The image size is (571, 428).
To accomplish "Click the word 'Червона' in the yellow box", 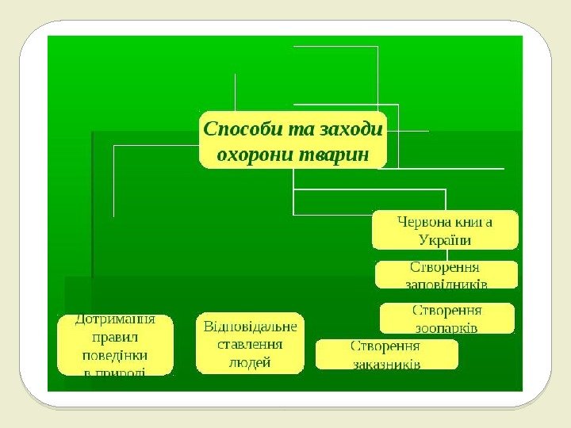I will (x=427, y=222).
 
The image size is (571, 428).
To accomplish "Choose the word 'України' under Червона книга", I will (x=445, y=239).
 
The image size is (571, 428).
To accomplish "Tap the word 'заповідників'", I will (x=446, y=283).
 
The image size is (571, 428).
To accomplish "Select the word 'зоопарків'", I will (x=446, y=327).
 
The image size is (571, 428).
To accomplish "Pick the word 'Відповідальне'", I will (x=251, y=327).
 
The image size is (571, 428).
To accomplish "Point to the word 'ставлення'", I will (x=250, y=344).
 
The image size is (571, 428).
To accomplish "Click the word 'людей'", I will (x=250, y=362).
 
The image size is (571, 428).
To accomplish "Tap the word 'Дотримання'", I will (x=114, y=321).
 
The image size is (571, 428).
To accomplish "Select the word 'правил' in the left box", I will (x=115, y=338).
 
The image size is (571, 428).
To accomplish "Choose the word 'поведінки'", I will (x=115, y=355).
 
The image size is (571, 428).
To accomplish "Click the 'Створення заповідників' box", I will (x=446, y=274).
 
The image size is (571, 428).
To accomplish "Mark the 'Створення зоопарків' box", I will (x=447, y=318).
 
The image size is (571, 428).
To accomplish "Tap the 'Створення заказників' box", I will (x=386, y=354).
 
